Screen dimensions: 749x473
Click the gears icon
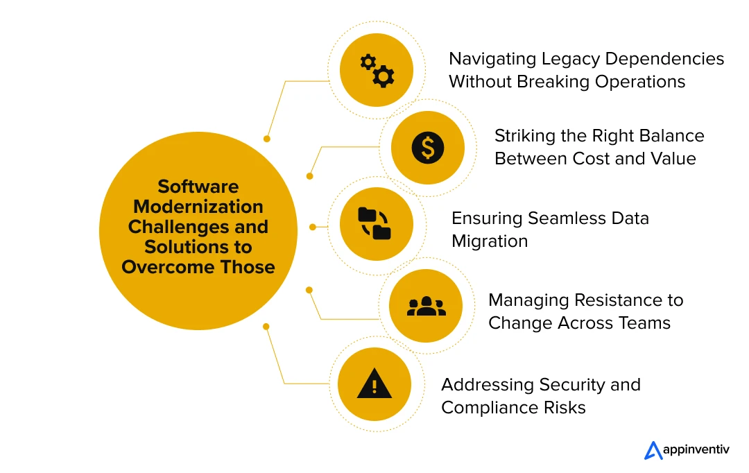(377, 70)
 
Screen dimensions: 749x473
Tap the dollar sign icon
(427, 148)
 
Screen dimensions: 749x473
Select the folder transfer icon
(374, 223)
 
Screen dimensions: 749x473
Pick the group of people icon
(426, 307)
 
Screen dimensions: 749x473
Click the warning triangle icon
(374, 384)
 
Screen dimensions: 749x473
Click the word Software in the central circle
(198, 187)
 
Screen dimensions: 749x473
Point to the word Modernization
(198, 207)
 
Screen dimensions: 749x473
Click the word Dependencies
(664, 59)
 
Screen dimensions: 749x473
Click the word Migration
(490, 241)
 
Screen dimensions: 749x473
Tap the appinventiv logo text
(696, 449)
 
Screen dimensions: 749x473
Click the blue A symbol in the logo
(653, 451)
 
